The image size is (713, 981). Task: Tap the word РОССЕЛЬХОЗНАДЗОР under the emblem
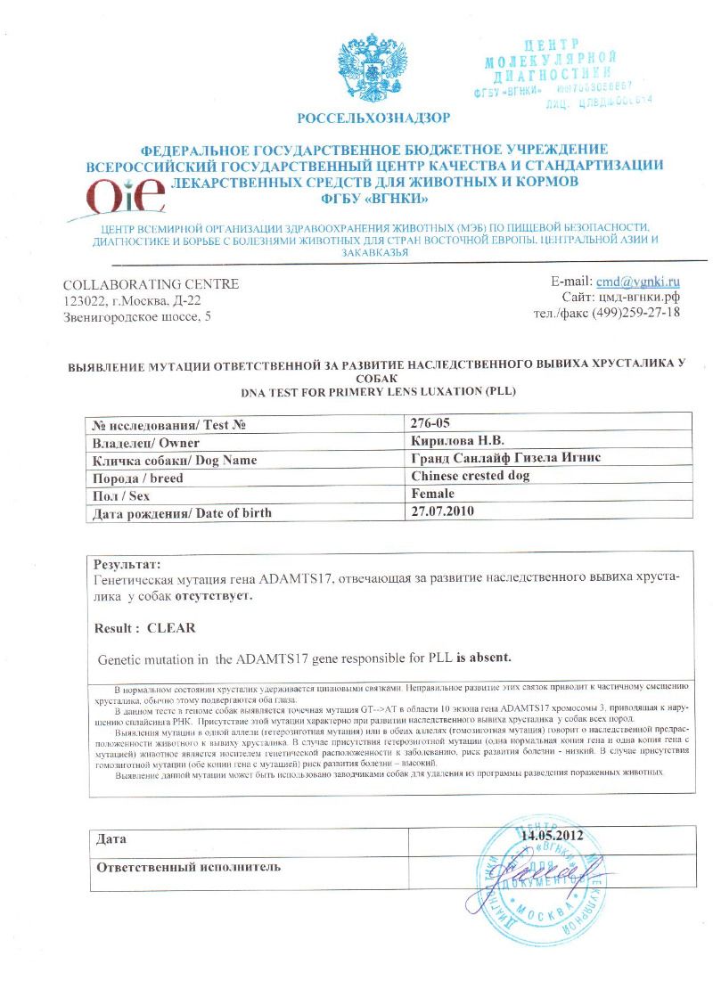pyautogui.click(x=373, y=118)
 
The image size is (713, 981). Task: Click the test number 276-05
pyautogui.click(x=432, y=425)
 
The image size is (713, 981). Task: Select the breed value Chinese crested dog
pyautogui.click(x=471, y=477)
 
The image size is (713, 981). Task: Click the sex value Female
pyautogui.click(x=433, y=494)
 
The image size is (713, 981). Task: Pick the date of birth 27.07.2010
pyautogui.click(x=444, y=511)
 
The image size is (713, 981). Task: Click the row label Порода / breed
pyautogui.click(x=134, y=478)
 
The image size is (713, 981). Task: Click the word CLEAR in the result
pyautogui.click(x=170, y=627)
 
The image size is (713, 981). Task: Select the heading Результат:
pyautogui.click(x=128, y=564)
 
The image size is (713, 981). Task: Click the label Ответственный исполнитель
pyautogui.click(x=189, y=866)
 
